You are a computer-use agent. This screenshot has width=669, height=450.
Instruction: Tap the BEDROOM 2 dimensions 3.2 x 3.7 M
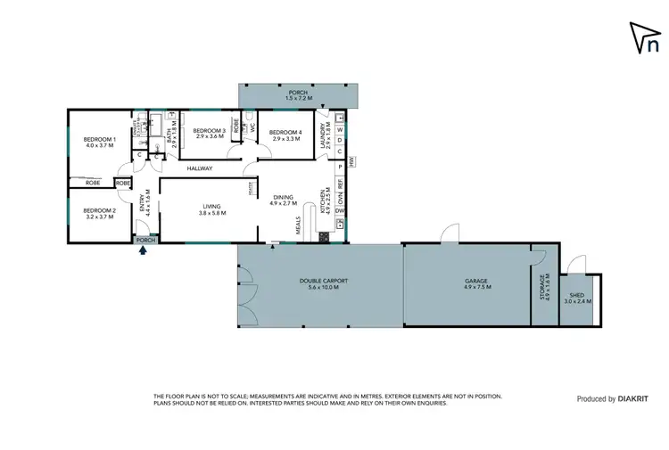click(98, 216)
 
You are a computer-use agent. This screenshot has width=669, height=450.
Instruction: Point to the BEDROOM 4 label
click(288, 130)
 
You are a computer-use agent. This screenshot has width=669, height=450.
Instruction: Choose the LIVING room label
click(212, 207)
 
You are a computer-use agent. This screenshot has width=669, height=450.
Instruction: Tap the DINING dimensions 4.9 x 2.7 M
click(283, 203)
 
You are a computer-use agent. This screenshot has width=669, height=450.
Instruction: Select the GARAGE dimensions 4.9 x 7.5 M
click(475, 288)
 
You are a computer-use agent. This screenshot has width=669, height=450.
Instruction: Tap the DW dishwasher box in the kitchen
click(340, 210)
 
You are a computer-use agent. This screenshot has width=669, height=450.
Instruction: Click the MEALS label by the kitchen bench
click(299, 229)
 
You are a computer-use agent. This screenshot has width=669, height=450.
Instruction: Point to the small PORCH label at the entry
click(145, 240)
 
